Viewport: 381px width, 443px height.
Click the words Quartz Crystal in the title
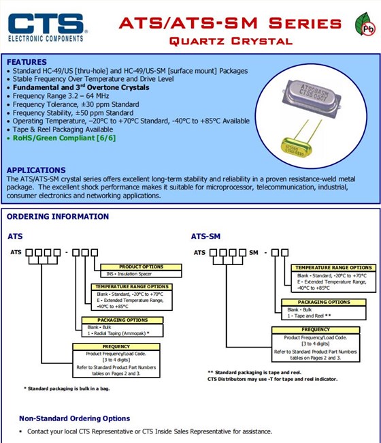click(230, 41)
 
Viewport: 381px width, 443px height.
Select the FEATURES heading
click(27, 62)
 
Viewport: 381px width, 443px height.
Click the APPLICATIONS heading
click(35, 170)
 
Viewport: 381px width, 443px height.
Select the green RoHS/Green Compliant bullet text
click(65, 138)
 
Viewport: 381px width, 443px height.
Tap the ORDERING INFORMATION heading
click(58, 217)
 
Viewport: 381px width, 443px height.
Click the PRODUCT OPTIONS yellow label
click(141, 266)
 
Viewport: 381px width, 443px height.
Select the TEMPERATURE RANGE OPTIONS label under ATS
click(132, 287)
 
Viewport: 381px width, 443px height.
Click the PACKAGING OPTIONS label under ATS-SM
click(324, 302)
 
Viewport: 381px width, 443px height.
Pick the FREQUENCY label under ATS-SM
click(316, 330)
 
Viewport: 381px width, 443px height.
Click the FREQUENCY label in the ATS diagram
click(116, 347)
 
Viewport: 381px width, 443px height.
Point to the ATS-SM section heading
click(205, 236)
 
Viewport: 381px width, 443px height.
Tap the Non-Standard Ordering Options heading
click(74, 418)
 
